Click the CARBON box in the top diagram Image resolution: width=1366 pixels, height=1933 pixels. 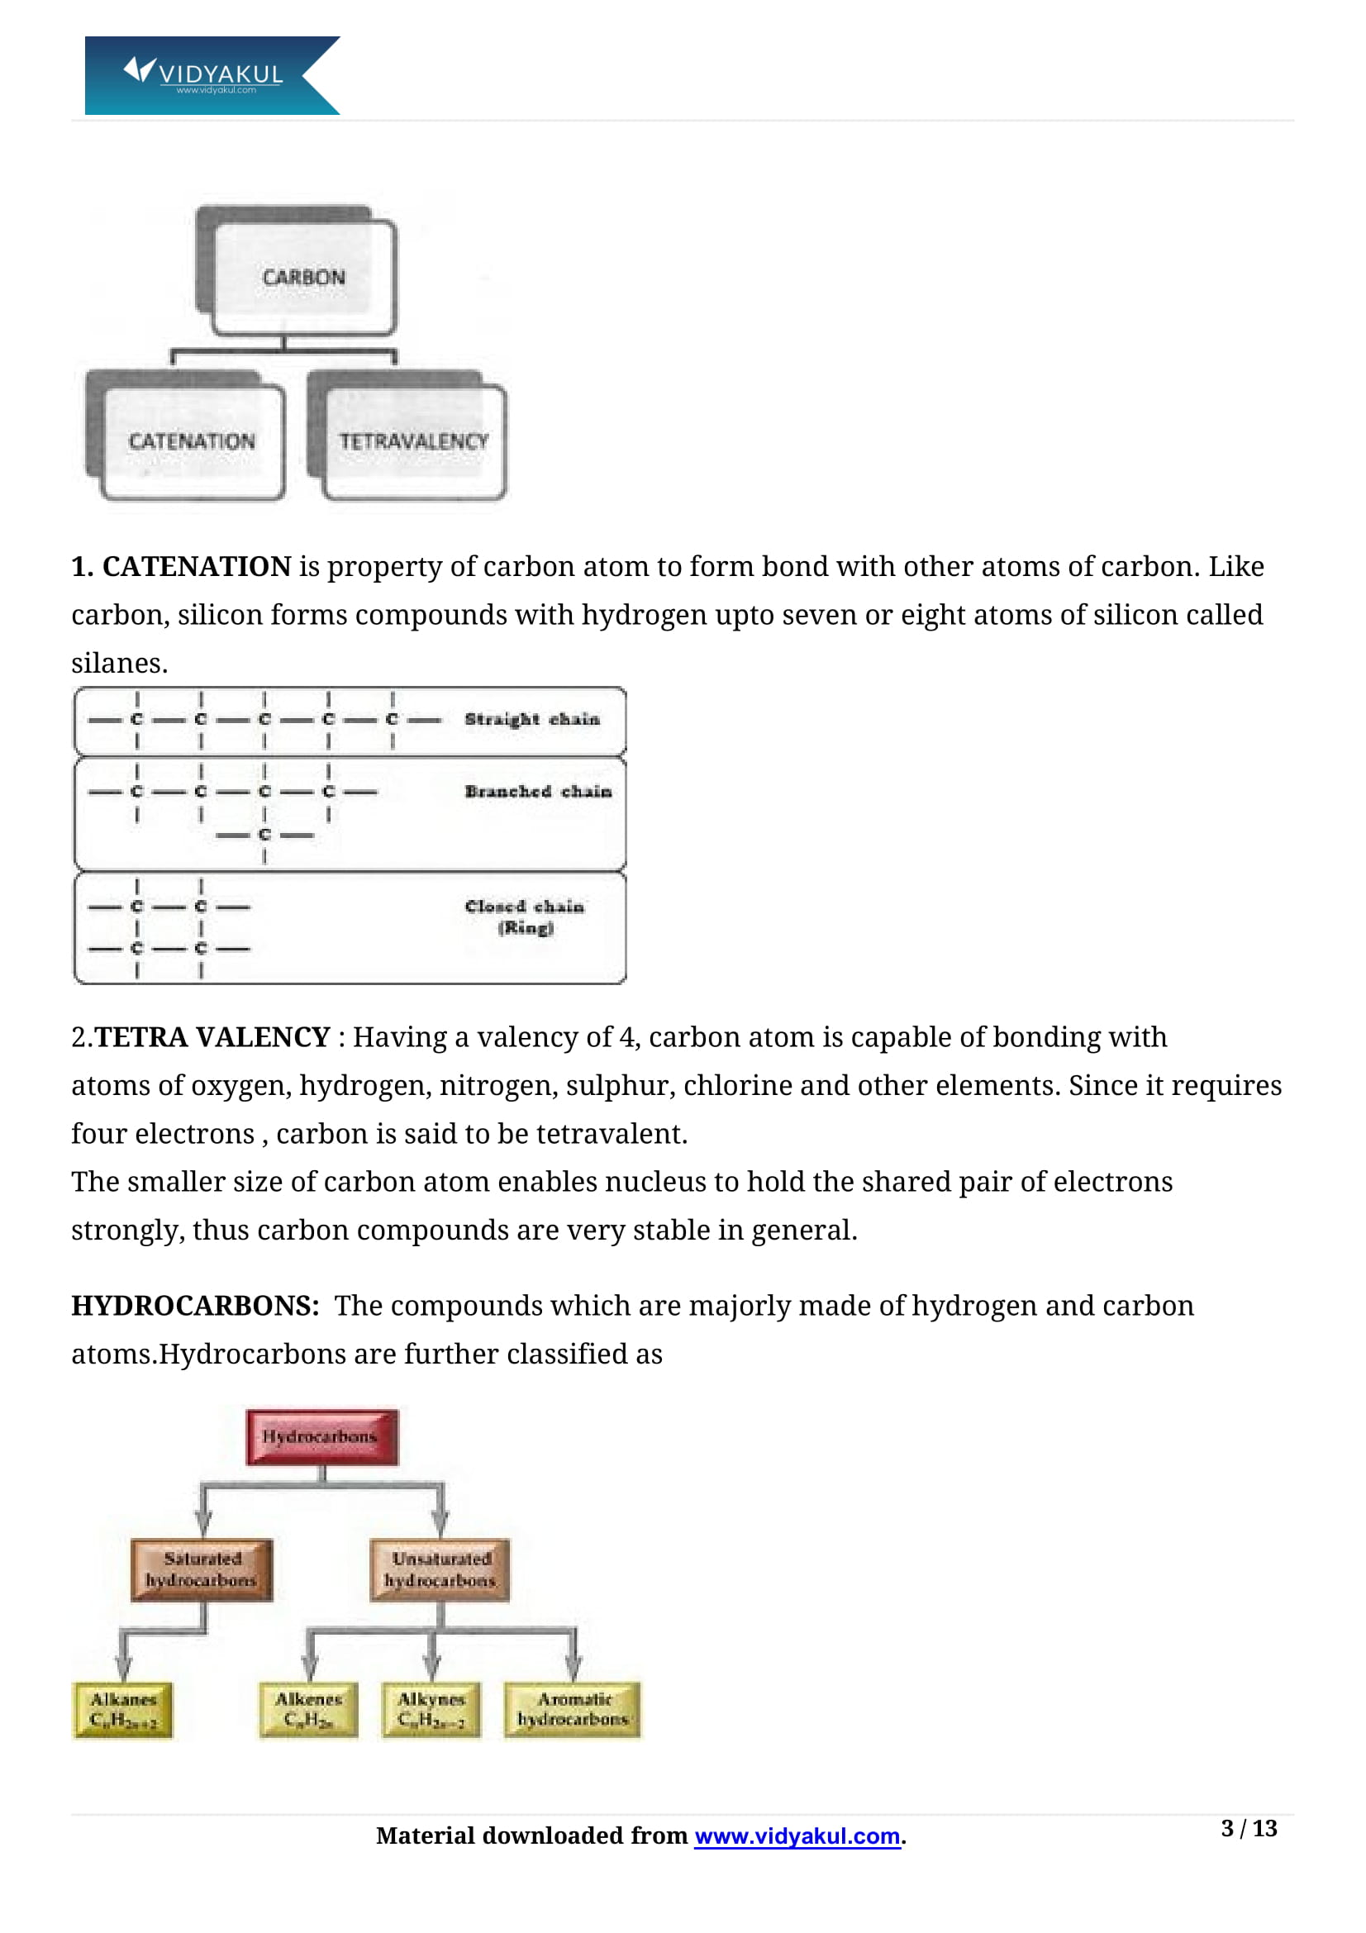pos(303,277)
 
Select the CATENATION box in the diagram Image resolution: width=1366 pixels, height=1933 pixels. pos(192,440)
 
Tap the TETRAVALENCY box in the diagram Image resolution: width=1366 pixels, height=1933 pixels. pos(413,440)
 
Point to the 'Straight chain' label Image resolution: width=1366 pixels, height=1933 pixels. pos(532,719)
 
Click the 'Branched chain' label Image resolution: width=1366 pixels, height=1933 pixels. pos(538,792)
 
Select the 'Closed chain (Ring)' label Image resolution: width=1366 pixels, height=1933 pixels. pos(525,917)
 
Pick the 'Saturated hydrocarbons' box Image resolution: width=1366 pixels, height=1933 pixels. pos(202,1570)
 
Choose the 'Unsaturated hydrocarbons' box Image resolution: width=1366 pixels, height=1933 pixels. pos(440,1570)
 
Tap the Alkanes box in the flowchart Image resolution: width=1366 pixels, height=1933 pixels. pos(123,1710)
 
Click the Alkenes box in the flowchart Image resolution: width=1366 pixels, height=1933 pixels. pos(308,1710)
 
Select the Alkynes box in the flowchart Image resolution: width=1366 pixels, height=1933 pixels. pos(431,1710)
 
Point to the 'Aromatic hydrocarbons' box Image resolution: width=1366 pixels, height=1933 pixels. pos(574,1710)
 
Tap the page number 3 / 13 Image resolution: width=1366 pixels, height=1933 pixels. pos(1248,1829)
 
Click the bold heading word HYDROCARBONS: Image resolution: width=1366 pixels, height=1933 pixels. pos(195,1306)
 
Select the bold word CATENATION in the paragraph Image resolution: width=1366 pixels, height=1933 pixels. pos(197,567)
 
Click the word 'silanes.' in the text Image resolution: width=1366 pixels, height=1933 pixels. pos(120,664)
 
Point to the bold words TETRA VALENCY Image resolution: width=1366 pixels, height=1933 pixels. pos(212,1037)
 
